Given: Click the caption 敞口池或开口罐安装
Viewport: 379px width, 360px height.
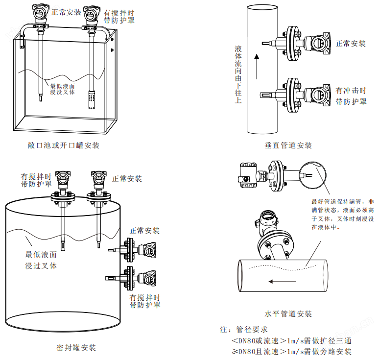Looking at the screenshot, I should click(64, 145).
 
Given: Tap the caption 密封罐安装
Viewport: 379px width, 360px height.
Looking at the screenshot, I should click(76, 348).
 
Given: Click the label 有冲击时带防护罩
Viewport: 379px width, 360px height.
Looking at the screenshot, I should click(351, 96).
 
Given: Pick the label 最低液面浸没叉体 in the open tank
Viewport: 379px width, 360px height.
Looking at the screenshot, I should click(62, 89).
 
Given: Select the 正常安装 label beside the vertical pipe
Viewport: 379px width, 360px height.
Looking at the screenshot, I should click(351, 44).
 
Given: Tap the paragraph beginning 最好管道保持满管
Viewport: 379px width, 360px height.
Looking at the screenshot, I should click(343, 214).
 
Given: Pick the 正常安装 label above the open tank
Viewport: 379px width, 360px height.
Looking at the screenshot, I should click(66, 12).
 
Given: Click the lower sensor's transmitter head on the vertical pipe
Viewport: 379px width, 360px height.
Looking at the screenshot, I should click(320, 95).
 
